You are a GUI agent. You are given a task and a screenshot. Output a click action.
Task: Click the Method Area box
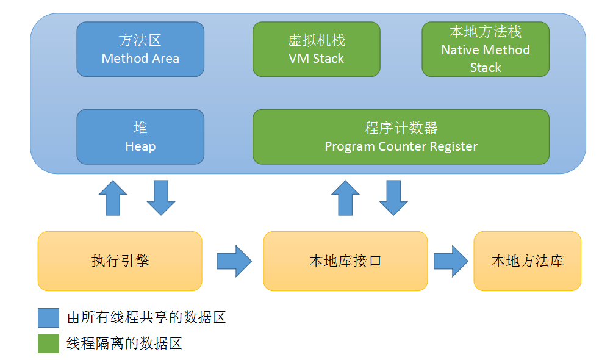[x=140, y=49]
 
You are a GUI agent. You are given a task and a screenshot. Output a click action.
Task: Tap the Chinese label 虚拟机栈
[x=316, y=40]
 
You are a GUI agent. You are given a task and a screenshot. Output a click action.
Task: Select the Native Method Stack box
[x=486, y=49]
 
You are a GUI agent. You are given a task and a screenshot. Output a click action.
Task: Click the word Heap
[x=140, y=146]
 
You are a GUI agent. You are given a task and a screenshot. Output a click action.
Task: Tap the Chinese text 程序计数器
[x=401, y=128]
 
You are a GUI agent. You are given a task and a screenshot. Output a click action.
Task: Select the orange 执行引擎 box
[x=120, y=261]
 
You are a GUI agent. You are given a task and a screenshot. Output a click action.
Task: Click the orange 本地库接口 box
[x=345, y=261]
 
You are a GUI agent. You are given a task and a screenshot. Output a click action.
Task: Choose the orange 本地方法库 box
[x=527, y=261]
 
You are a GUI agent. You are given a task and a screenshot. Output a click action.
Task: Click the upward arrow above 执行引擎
[x=113, y=198]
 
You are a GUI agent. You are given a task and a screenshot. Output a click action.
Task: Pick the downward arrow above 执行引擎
[x=161, y=198]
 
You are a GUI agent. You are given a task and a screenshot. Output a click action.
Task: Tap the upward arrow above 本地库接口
[x=346, y=198]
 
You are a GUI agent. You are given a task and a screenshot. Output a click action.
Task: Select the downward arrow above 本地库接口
[x=393, y=198]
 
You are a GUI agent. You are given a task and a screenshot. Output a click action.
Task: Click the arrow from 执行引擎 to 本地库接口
[x=234, y=261]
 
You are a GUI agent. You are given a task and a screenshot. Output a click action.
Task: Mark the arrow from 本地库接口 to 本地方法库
[x=451, y=261]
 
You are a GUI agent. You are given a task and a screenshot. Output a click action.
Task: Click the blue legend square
[x=48, y=317]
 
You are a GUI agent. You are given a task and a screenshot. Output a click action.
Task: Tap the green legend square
[x=48, y=344]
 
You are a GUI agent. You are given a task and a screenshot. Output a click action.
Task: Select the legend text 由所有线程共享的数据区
[x=146, y=317]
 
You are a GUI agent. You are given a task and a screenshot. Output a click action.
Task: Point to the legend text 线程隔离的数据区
[x=124, y=344]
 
